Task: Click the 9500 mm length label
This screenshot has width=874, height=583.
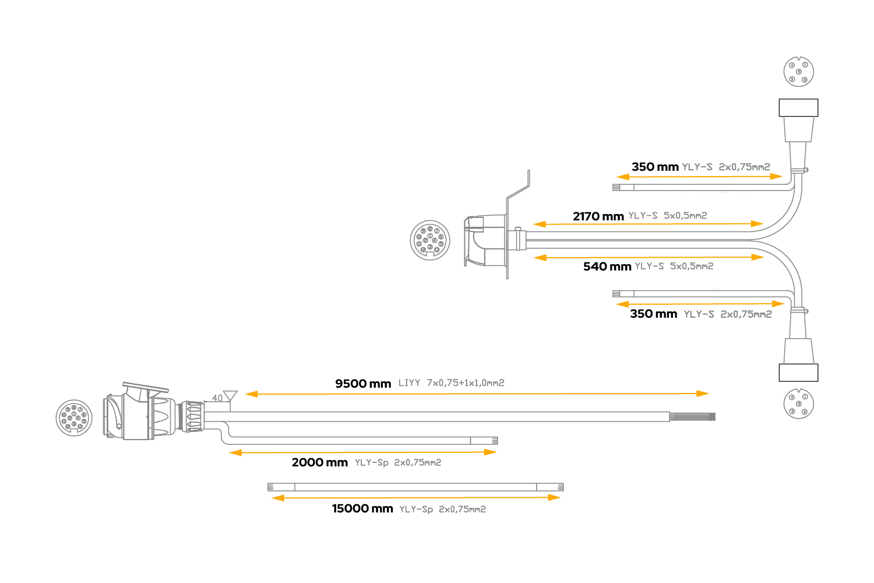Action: (362, 384)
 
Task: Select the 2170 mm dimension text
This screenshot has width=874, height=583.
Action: (598, 216)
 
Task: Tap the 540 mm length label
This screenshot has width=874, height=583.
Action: (607, 266)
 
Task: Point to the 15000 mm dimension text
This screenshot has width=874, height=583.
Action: (362, 509)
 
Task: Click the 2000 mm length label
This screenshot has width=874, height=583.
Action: (319, 462)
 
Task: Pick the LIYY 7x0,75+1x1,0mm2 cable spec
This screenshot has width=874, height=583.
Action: (451, 383)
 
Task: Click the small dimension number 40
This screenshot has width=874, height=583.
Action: (217, 398)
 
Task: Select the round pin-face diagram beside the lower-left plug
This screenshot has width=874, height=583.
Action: (74, 418)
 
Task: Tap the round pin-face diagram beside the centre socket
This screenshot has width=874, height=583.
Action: (430, 240)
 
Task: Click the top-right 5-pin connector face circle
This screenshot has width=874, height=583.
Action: (798, 72)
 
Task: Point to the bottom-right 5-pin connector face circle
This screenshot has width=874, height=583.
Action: (798, 403)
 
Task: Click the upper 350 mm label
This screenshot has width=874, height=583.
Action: (655, 167)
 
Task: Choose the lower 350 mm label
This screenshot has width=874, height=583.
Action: (653, 314)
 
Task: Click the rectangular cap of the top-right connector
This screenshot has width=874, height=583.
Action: (798, 108)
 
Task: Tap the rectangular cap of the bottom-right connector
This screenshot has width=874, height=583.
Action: (798, 373)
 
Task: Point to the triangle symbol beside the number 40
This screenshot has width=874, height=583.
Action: (230, 396)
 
